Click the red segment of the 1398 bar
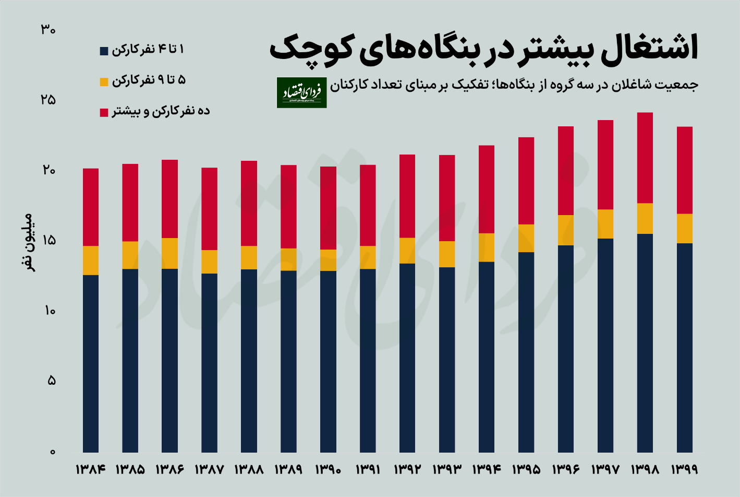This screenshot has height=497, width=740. (645, 158)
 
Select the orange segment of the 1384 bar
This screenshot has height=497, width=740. (91, 260)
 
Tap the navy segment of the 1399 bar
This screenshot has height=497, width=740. (685, 347)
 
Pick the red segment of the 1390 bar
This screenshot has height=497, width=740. (328, 208)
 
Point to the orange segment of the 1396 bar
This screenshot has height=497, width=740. (566, 230)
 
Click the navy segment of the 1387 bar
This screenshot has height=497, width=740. (210, 362)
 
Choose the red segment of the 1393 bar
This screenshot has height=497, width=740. (447, 198)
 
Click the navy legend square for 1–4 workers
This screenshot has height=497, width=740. (104, 51)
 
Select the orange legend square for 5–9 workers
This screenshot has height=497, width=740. (104, 82)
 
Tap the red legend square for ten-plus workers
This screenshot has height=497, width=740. (104, 112)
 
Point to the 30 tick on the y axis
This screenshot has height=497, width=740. (48, 30)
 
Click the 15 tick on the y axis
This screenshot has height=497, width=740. (49, 241)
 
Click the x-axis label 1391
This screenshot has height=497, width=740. (368, 469)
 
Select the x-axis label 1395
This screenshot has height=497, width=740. (526, 469)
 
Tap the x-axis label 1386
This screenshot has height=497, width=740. (169, 469)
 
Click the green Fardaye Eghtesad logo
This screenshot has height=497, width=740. (301, 93)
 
